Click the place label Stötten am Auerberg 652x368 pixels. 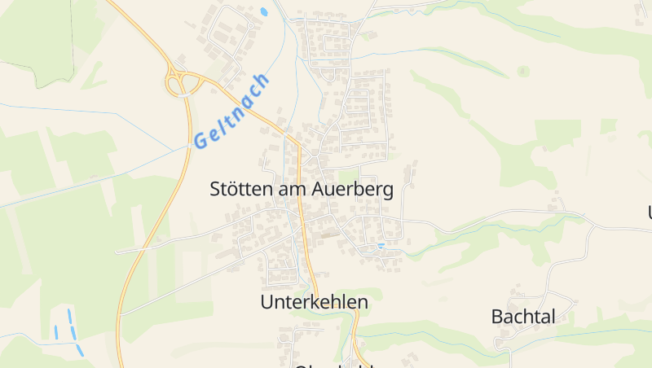click(x=302, y=190)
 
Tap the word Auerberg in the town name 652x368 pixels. click(x=353, y=190)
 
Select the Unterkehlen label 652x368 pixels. click(x=314, y=302)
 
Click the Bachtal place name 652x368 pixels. click(x=523, y=317)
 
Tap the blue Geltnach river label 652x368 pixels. click(x=232, y=111)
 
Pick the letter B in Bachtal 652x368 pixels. click(x=497, y=317)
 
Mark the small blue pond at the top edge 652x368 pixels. click(x=263, y=12)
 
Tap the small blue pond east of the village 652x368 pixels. click(x=381, y=245)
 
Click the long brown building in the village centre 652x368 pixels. click(x=329, y=236)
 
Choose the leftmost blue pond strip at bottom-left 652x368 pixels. click(x=56, y=332)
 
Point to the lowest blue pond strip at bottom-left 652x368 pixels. click(x=80, y=351)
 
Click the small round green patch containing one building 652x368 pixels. click(x=523, y=72)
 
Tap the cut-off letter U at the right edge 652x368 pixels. click(x=650, y=212)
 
